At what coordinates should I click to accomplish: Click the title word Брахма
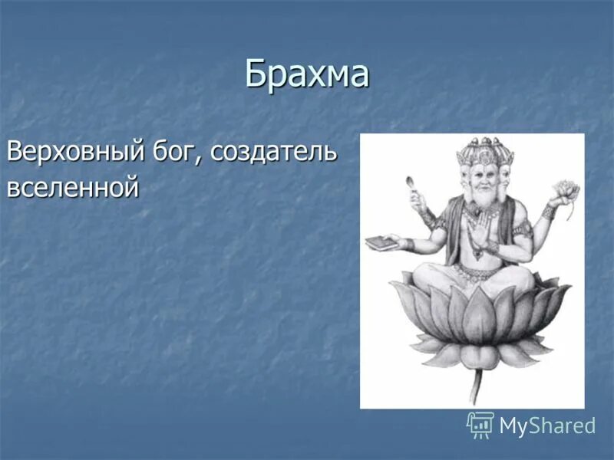coord(307,74)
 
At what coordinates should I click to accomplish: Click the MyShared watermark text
coord(547,426)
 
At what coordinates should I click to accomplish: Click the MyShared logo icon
coord(480,425)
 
